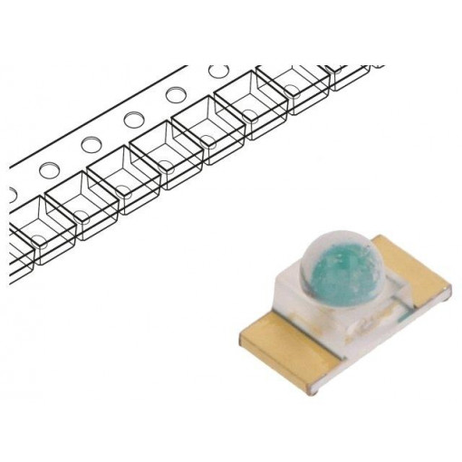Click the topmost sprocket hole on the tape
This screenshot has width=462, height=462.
(x=218, y=71)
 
